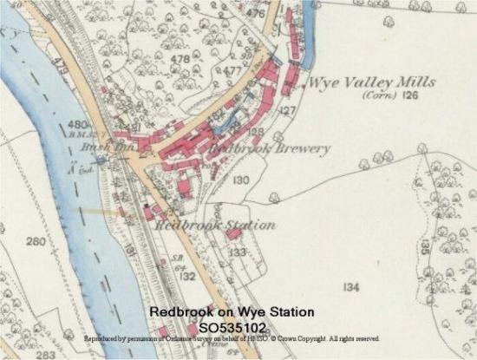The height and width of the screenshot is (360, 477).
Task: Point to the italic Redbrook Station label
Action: (216, 225)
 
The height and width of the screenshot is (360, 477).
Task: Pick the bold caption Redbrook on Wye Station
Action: (231, 311)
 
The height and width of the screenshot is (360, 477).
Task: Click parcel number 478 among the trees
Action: (180, 59)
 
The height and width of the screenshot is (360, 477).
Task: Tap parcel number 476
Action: (255, 14)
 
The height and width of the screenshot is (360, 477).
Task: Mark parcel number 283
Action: (45, 354)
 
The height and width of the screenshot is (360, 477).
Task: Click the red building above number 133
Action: (234, 233)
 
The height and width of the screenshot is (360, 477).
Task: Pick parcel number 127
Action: (287, 110)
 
